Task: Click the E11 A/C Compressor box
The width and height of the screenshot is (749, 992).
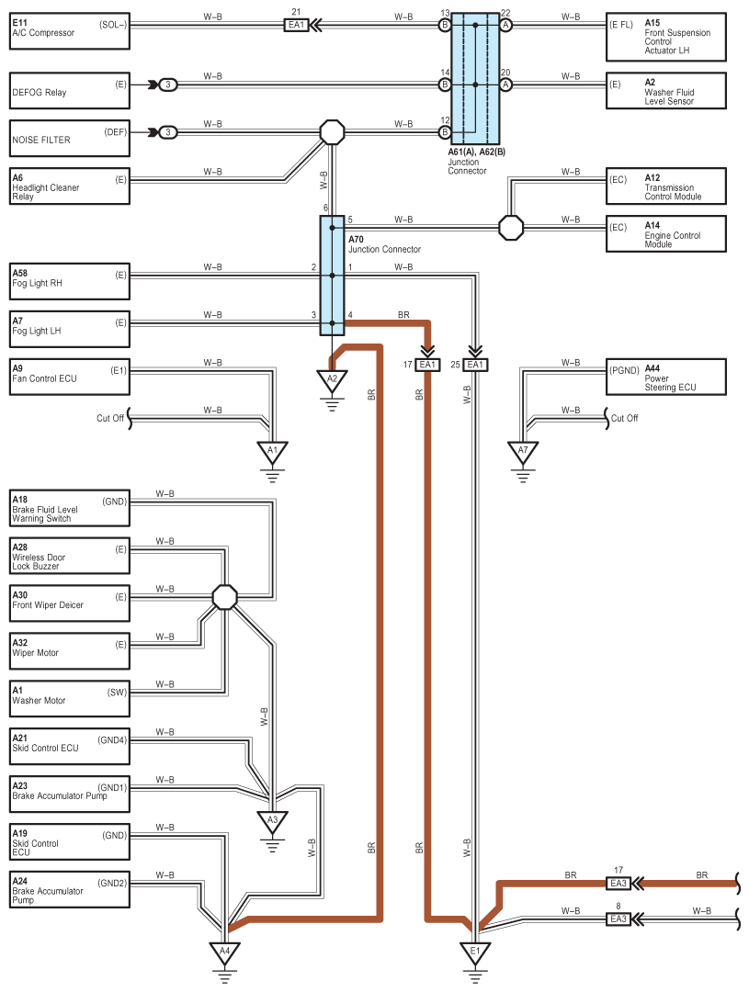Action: [70, 31]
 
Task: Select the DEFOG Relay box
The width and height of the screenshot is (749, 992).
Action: [70, 90]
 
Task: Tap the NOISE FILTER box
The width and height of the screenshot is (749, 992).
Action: [70, 138]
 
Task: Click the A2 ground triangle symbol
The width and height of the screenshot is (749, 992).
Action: [332, 381]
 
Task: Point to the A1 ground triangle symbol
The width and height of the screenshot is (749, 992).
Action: [272, 452]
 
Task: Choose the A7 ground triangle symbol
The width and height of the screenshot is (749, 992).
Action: [523, 452]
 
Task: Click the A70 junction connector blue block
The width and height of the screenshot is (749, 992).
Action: [332, 276]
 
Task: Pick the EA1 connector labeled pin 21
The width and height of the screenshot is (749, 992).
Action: [296, 26]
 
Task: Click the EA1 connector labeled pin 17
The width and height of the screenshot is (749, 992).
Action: [427, 365]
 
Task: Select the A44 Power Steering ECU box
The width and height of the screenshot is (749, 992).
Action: [666, 378]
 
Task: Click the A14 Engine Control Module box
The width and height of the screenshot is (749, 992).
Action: [666, 234]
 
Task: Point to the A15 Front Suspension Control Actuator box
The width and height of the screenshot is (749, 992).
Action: [666, 37]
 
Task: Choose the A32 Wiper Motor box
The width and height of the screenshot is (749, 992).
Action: [70, 651]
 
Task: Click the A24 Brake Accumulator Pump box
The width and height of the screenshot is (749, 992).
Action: [70, 889]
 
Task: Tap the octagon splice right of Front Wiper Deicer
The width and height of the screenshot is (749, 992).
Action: [225, 597]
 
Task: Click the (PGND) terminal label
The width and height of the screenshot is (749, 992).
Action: [624, 371]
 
